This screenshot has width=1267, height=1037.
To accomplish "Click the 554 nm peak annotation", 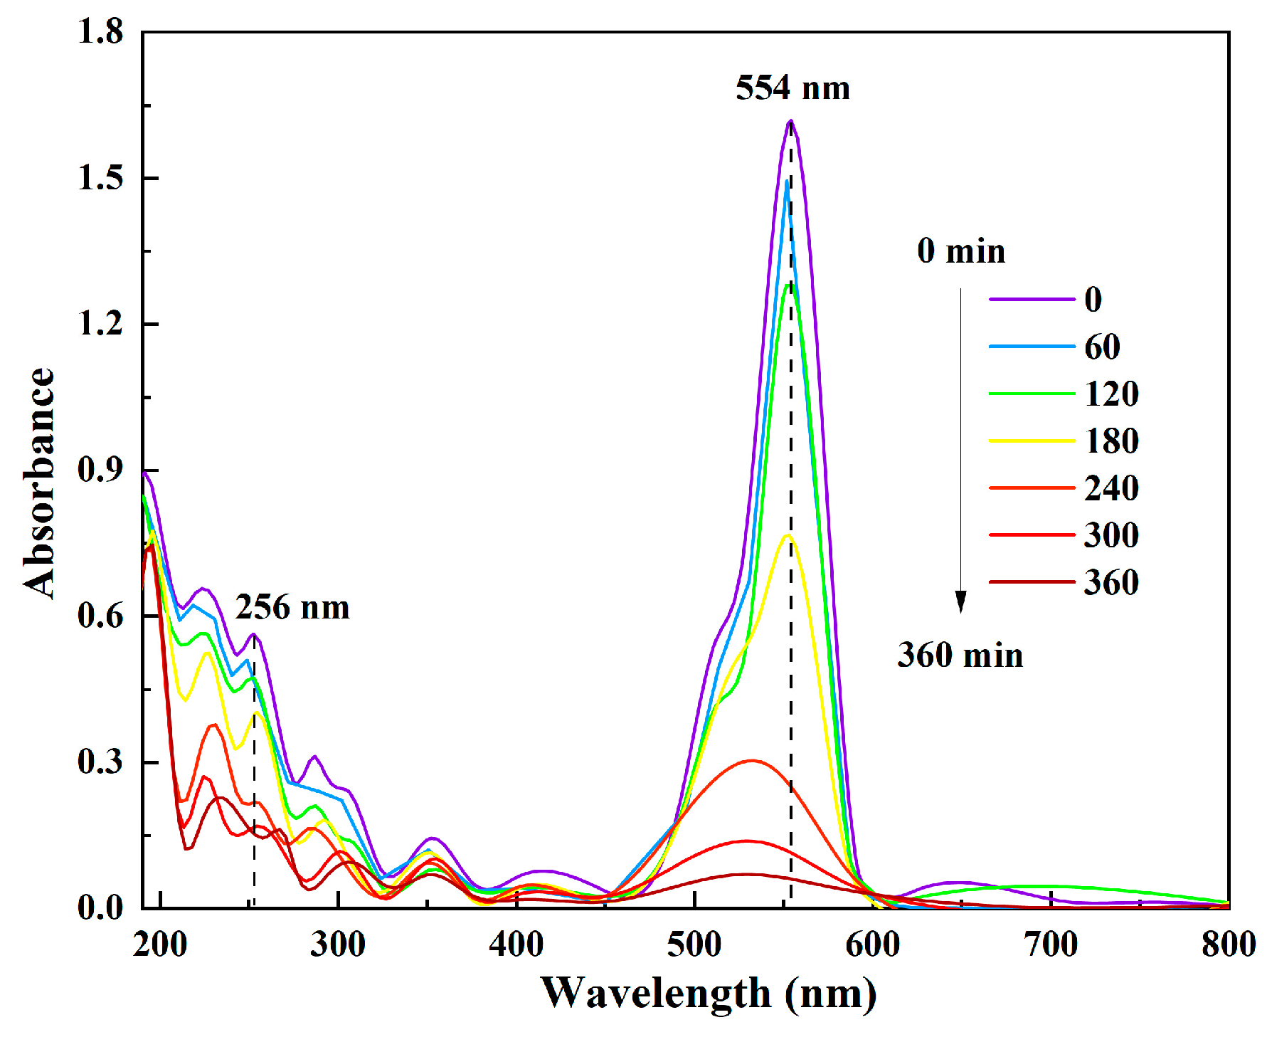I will point(792,88).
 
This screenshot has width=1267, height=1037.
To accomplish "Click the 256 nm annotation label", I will point(292,608).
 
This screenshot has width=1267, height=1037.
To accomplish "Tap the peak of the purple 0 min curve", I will point(790,122).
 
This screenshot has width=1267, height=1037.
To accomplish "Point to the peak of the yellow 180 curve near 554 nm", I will point(788,535).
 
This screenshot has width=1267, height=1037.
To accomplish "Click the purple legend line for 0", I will point(1032,300).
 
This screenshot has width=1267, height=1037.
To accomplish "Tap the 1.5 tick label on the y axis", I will point(100,178).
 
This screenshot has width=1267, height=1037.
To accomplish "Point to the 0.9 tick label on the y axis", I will point(100,470).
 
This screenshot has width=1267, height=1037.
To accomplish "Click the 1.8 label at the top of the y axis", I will point(100,32).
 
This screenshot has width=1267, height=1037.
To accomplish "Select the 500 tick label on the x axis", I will point(694,944).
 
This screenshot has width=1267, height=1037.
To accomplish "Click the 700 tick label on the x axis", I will point(1051,944).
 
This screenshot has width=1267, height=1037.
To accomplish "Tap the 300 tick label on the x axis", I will point(338,944).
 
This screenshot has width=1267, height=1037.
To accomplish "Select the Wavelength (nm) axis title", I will point(709,993).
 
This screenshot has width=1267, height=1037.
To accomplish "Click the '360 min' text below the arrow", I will point(960,655).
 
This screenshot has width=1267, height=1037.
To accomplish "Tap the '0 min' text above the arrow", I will point(961,251).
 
